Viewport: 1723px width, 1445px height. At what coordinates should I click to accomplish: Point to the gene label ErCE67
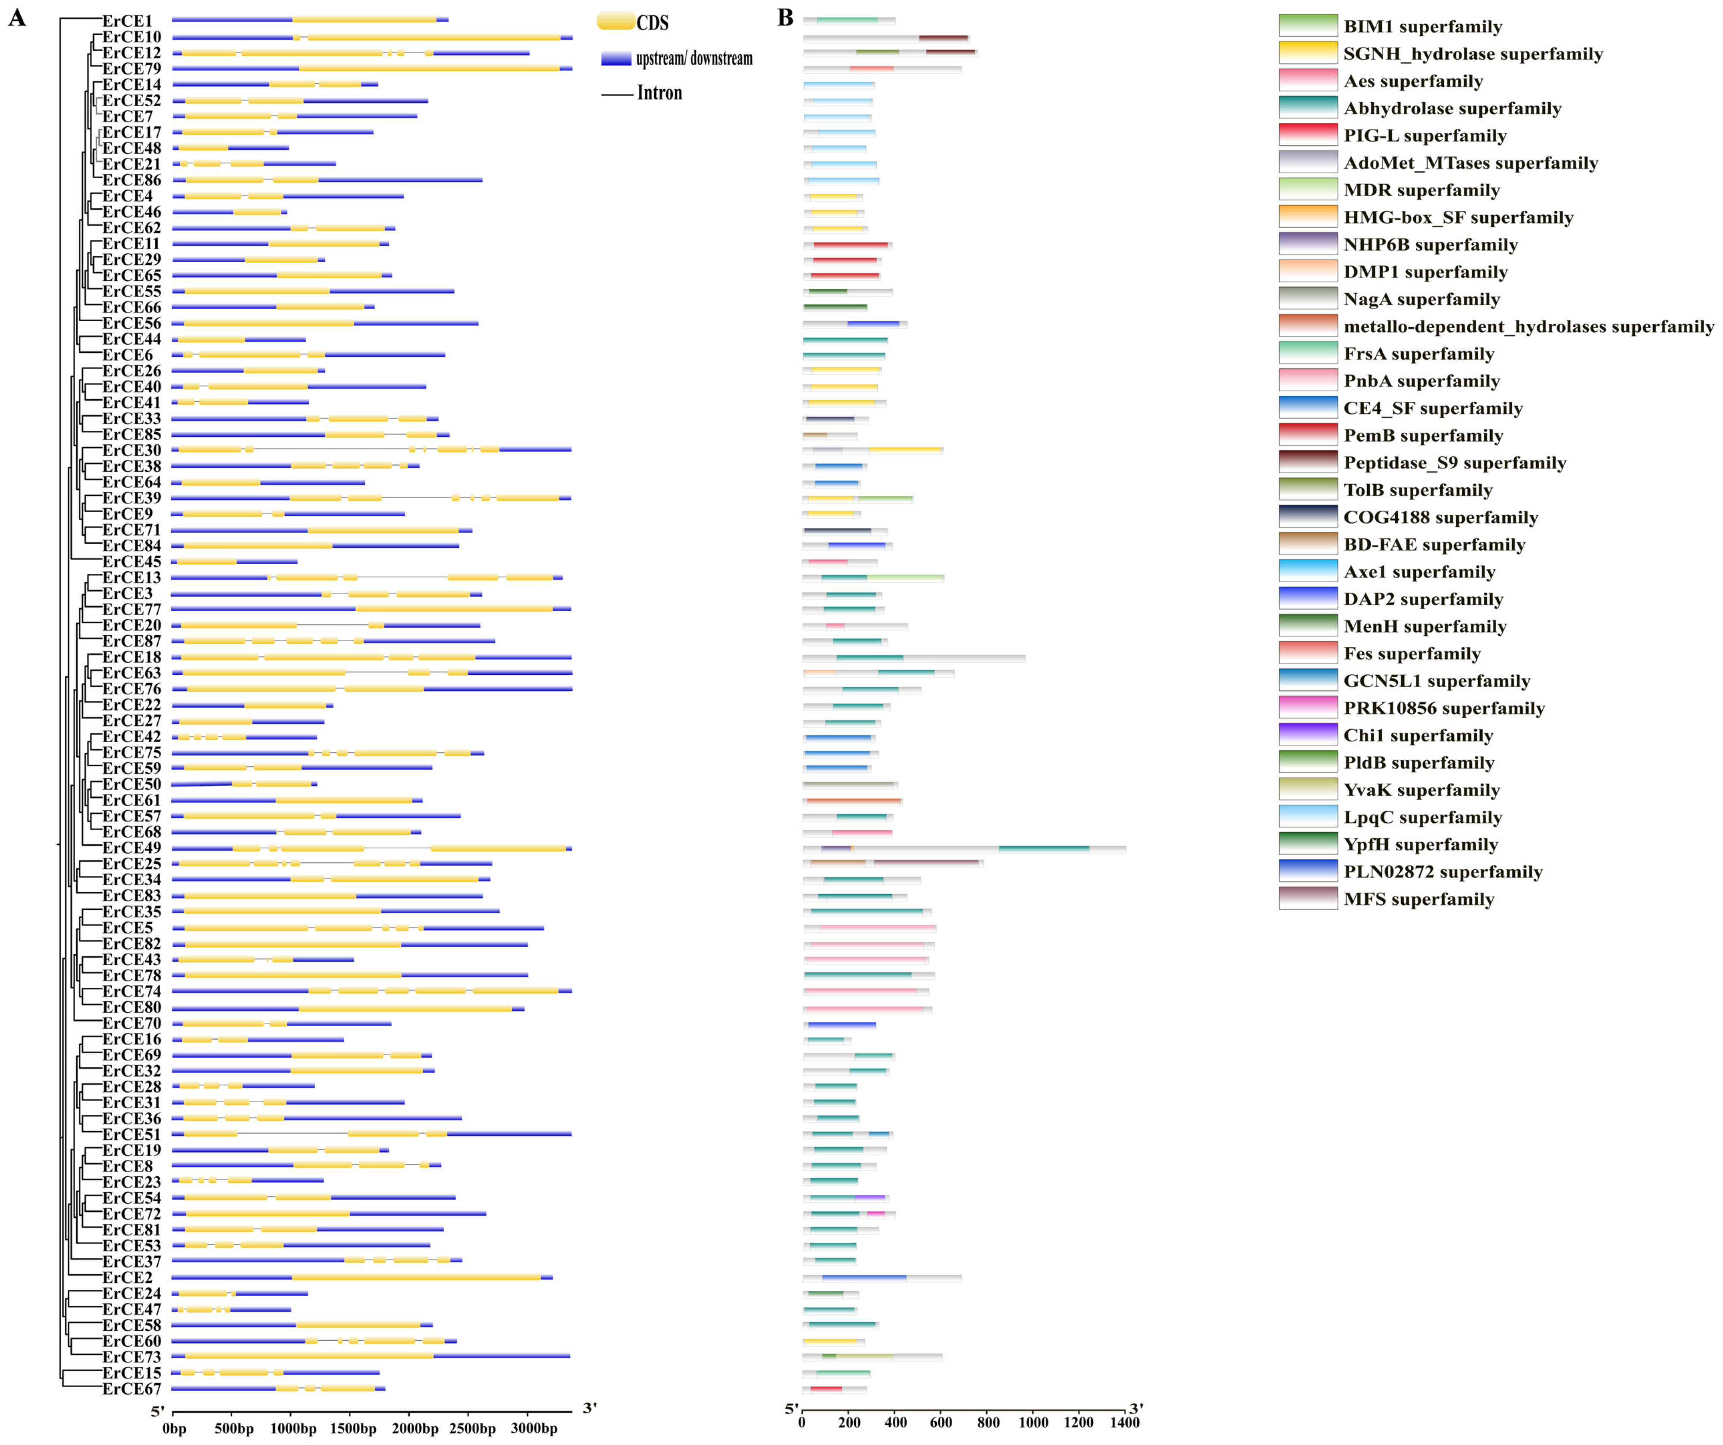click(131, 1389)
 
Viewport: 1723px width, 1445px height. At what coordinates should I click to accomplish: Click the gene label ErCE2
click(127, 1277)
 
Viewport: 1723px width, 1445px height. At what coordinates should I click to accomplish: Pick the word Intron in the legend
click(660, 93)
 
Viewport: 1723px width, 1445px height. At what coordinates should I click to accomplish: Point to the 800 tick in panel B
click(987, 1422)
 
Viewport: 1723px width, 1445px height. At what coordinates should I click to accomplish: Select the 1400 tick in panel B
click(1125, 1422)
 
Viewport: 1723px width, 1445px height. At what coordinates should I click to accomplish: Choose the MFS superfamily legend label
click(1419, 899)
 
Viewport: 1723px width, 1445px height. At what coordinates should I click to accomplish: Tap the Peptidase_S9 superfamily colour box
click(1308, 462)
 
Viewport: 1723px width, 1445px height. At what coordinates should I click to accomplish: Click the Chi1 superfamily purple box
click(1308, 734)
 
